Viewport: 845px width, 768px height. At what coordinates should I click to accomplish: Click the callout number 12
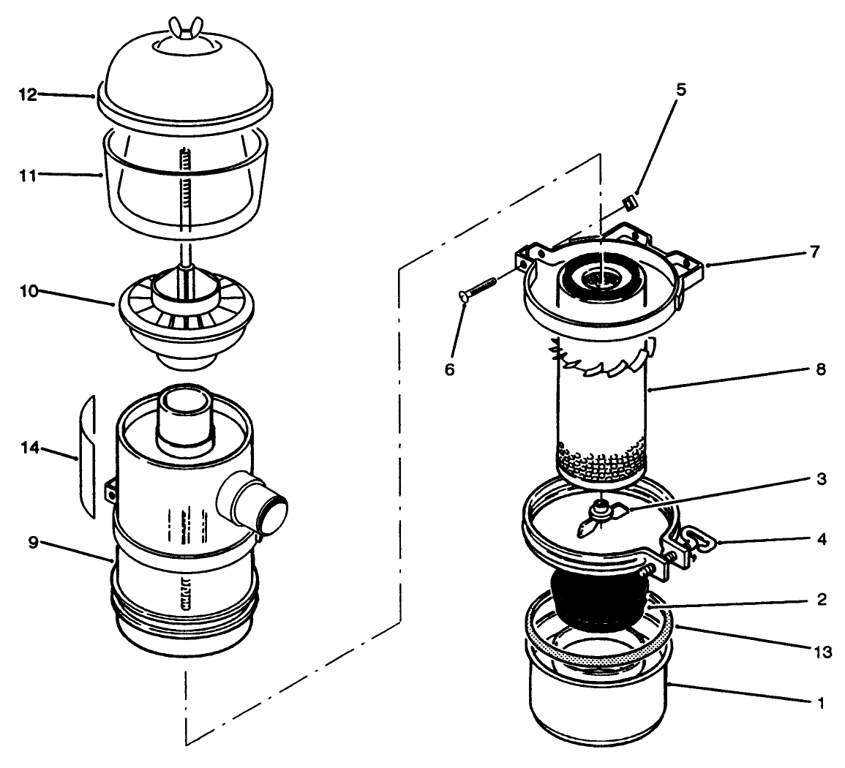[26, 94]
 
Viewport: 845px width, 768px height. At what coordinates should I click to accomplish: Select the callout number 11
[26, 174]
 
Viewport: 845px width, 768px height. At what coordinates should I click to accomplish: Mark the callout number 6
[449, 369]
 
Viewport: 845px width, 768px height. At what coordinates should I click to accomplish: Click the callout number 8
[820, 369]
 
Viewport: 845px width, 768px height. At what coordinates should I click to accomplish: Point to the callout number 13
[822, 652]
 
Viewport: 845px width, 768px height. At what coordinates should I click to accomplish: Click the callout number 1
[820, 704]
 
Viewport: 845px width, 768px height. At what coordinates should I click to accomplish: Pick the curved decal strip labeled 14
[88, 453]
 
